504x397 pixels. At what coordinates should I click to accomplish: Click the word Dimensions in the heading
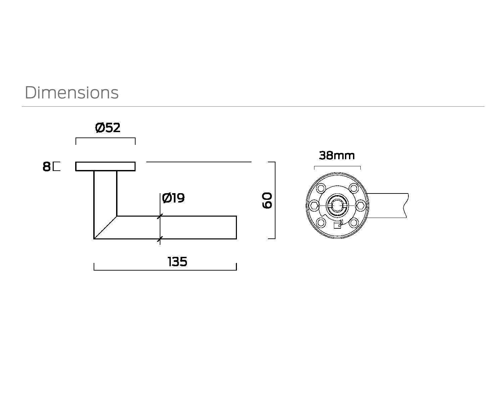[x=72, y=93]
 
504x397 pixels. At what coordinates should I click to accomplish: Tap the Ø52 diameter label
[x=108, y=128]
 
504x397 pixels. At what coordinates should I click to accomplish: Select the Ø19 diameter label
[x=173, y=198]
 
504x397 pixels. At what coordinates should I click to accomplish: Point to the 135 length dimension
[x=178, y=262]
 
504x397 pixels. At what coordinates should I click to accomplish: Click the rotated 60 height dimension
[x=267, y=201]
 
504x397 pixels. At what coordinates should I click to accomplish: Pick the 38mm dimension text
[x=337, y=156]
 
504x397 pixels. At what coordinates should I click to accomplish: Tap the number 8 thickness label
[x=46, y=167]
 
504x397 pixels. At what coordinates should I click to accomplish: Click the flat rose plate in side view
[x=105, y=166]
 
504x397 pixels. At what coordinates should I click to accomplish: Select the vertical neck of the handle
[x=105, y=193]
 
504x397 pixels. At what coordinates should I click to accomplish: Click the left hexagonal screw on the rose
[x=314, y=206]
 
